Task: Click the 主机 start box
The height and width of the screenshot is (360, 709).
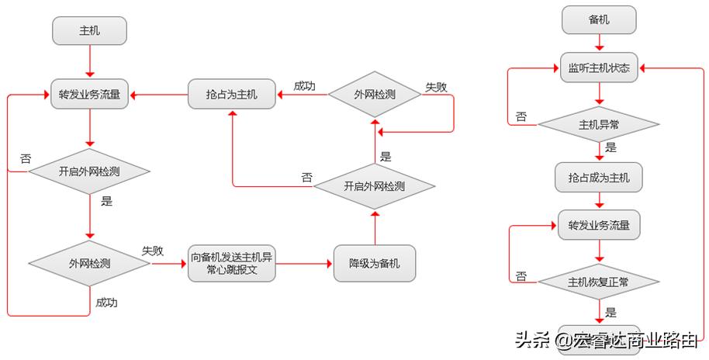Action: pyautogui.click(x=89, y=31)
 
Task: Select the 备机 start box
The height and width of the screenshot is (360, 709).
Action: pyautogui.click(x=599, y=20)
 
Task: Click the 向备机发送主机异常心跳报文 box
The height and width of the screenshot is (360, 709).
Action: pyautogui.click(x=232, y=263)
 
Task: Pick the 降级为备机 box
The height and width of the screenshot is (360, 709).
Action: pyautogui.click(x=374, y=263)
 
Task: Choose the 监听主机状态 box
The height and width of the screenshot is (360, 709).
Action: pyautogui.click(x=599, y=68)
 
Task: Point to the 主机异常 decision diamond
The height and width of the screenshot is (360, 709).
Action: pyautogui.click(x=599, y=123)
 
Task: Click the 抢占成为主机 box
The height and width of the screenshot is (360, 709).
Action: pyautogui.click(x=599, y=178)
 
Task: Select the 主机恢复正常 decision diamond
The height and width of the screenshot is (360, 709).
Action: pyautogui.click(x=599, y=282)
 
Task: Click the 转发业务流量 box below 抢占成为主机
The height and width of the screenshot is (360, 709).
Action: pyautogui.click(x=599, y=227)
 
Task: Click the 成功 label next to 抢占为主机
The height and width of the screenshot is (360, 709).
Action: pyautogui.click(x=304, y=85)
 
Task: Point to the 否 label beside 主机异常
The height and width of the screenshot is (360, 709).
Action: pyautogui.click(x=521, y=116)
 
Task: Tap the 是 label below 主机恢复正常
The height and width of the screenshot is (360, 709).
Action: pyautogui.click(x=610, y=313)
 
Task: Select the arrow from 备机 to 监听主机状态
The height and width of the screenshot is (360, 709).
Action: pyautogui.click(x=599, y=43)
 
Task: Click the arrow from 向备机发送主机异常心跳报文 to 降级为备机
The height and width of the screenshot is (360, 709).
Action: pyautogui.click(x=304, y=264)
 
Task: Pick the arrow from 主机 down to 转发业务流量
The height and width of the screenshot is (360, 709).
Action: pyautogui.click(x=89, y=61)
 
